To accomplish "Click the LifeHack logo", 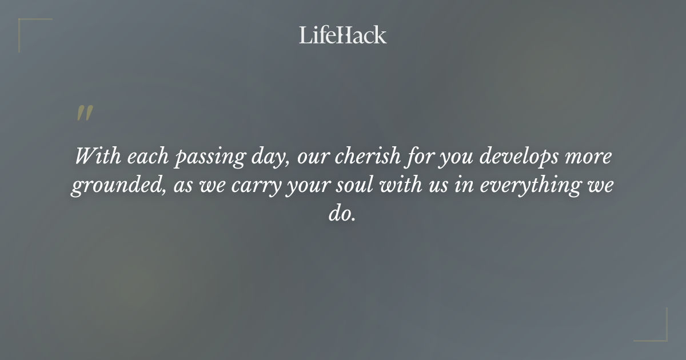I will (342, 35).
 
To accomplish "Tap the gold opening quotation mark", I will (85, 114).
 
